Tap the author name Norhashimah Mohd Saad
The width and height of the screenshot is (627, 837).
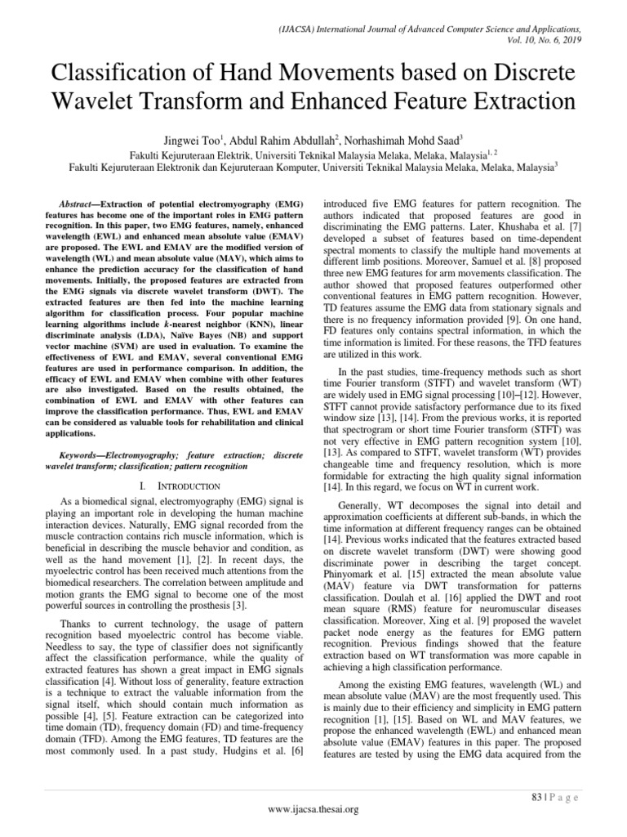pyautogui.click(x=406, y=138)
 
